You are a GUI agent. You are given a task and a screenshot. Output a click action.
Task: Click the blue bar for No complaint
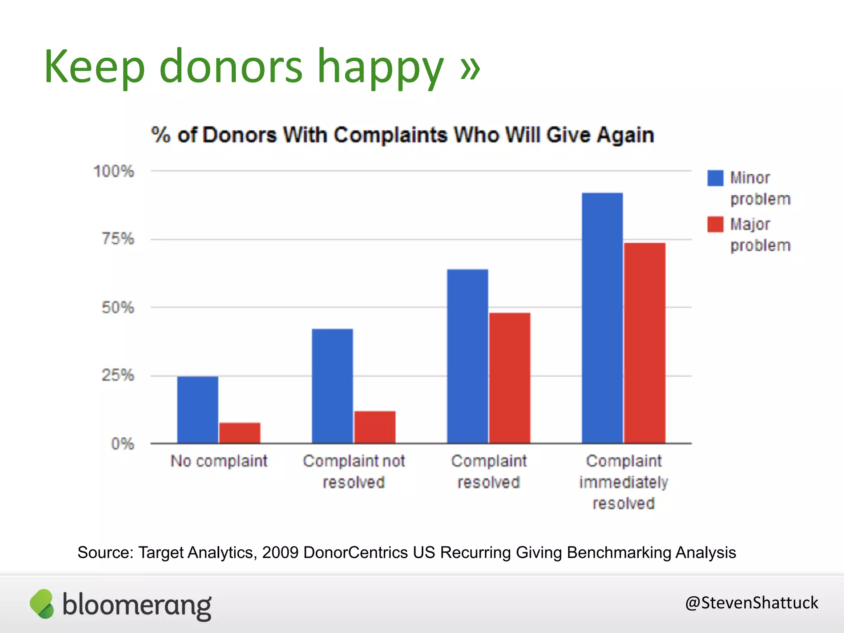tap(198, 410)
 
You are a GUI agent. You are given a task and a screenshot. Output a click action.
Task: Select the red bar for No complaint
tap(240, 433)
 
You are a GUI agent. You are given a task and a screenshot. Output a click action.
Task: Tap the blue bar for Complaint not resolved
tap(333, 386)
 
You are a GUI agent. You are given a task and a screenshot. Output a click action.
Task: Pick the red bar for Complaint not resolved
tap(375, 427)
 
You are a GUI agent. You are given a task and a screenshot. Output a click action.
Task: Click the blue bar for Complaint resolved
tap(468, 356)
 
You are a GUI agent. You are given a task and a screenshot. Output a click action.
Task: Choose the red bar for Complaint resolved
tap(510, 378)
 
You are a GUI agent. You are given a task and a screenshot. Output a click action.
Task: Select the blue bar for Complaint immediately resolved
tap(603, 318)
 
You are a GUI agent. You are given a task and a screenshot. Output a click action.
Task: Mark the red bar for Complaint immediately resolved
tap(645, 343)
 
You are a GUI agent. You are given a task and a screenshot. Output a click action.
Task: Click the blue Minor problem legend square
tap(715, 178)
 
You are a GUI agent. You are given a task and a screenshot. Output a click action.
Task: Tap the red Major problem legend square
tap(715, 224)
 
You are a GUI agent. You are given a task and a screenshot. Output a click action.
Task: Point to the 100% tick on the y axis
tap(114, 171)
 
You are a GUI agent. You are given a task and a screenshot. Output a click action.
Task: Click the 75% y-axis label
tap(118, 239)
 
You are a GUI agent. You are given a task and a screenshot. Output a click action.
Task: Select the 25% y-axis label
tap(118, 375)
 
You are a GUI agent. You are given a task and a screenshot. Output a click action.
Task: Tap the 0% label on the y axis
tap(123, 444)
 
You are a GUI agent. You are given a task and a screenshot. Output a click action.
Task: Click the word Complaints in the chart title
tap(390, 135)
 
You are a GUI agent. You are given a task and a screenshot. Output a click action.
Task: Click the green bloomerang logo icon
tap(42, 604)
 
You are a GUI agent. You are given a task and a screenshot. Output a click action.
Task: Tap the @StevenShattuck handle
tap(751, 603)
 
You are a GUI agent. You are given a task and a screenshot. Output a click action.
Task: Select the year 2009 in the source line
tap(280, 552)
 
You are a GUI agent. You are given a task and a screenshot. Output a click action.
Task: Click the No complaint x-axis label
tap(219, 461)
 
